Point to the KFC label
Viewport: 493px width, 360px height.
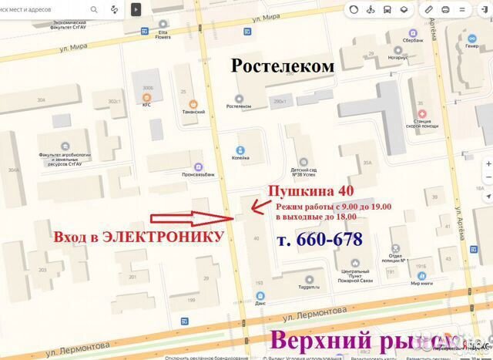tap(146, 104)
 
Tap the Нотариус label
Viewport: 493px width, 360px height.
tap(397, 57)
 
